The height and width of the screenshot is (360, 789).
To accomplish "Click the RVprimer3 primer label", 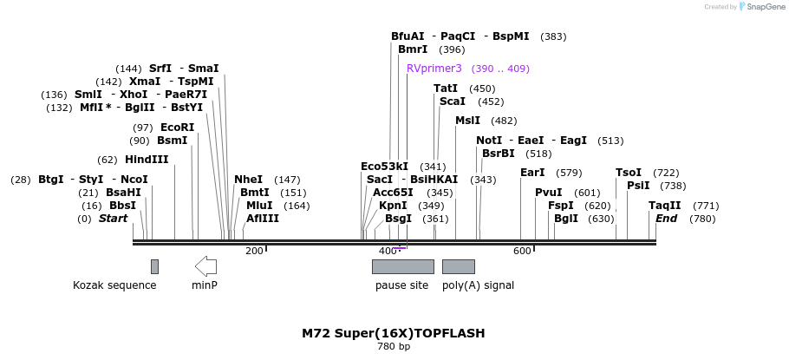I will coord(434,69).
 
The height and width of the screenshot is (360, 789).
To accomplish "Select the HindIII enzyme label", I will coord(147,160).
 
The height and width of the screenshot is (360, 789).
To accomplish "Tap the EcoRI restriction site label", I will coord(177,128).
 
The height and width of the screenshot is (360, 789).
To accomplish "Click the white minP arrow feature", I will coord(205,265).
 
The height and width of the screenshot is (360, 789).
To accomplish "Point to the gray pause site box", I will coord(402,266).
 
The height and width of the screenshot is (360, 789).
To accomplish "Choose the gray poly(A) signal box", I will coord(458,266).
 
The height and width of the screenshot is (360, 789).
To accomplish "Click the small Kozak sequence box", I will coord(154,266).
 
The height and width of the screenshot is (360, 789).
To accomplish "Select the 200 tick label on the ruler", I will coord(254,251).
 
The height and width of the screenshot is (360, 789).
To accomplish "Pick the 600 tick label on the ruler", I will coord(522,251).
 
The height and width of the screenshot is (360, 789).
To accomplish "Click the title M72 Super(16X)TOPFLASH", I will coord(394,333).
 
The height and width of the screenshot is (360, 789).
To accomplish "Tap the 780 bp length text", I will coord(394,347).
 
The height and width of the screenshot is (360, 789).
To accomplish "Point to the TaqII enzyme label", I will coord(665,206).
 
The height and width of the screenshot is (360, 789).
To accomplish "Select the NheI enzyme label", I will coord(248,180).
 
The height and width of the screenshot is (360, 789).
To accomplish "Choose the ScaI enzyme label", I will coord(453,101).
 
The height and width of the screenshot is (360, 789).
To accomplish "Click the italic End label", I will coord(666,219).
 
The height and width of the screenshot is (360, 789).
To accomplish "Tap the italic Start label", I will coord(113,219).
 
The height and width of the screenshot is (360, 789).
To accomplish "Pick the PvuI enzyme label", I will coord(548,193).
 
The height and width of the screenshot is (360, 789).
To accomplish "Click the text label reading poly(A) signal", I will coord(478,285).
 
